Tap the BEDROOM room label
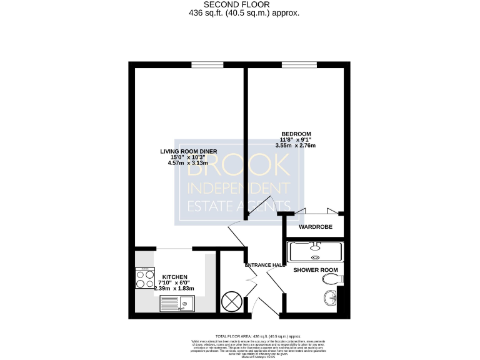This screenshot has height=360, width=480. (296, 134)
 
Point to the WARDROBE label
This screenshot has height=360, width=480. (316, 227)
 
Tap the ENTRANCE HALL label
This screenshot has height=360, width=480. (265, 265)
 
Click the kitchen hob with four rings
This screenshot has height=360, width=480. (146, 278)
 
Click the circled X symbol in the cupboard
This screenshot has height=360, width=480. (231, 301)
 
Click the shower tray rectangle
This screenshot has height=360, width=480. (314, 251)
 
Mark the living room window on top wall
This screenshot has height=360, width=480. (207, 64)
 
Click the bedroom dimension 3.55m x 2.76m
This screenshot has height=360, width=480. (296, 146)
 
